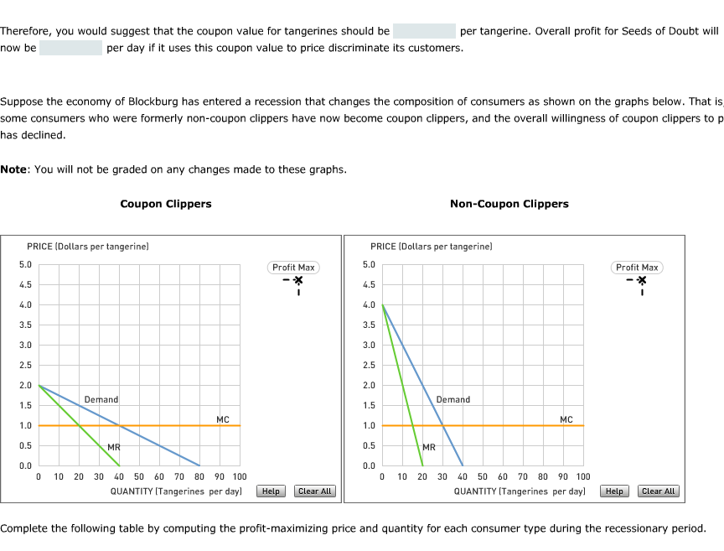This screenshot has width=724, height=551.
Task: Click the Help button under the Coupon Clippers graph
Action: pyautogui.click(x=271, y=491)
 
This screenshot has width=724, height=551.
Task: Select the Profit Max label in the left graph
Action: pyautogui.click(x=294, y=268)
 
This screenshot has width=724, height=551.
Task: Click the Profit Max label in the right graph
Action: pyautogui.click(x=638, y=268)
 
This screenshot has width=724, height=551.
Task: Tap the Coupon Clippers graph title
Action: pyautogui.click(x=166, y=204)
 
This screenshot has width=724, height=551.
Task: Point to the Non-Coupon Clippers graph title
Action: pyautogui.click(x=509, y=204)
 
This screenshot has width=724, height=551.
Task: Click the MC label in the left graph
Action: pyautogui.click(x=222, y=419)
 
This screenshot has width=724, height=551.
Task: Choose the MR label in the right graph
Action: pyautogui.click(x=429, y=447)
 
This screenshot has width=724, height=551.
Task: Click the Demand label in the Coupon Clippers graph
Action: pyautogui.click(x=101, y=400)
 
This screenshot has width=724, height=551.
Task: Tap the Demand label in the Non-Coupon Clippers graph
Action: pyautogui.click(x=453, y=400)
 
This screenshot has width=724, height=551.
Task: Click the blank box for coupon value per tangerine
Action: pyautogui.click(x=424, y=31)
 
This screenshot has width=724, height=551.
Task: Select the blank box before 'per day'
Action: pyautogui.click(x=70, y=48)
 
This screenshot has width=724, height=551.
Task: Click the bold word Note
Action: pyautogui.click(x=13, y=169)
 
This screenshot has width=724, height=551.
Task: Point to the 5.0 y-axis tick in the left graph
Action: pyautogui.click(x=25, y=265)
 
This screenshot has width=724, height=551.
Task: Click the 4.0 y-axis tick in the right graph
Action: pyautogui.click(x=369, y=305)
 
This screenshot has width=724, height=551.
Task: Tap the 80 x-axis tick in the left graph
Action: pyautogui.click(x=199, y=477)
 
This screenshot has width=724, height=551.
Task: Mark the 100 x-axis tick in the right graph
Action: pyautogui.click(x=583, y=477)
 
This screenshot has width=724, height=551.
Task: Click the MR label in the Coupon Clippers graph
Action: pyautogui.click(x=114, y=447)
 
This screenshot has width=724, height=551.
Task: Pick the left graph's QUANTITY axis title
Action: pyautogui.click(x=176, y=491)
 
